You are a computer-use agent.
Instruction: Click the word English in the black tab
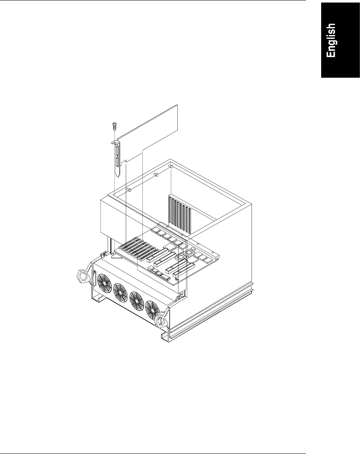[331, 41]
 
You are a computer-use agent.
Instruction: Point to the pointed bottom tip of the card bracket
[118, 177]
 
